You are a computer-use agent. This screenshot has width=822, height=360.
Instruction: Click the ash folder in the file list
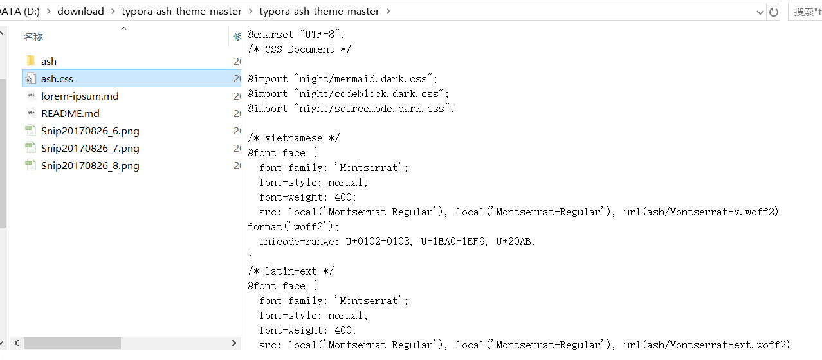pos(48,62)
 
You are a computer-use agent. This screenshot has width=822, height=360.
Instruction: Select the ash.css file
pos(57,79)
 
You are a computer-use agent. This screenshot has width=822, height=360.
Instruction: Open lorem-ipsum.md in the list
pos(79,96)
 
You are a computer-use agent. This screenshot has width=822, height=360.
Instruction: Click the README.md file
pos(69,114)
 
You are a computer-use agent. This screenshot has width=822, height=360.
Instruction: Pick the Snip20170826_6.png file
pos(89,131)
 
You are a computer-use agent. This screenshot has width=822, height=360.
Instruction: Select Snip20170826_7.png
pos(89,148)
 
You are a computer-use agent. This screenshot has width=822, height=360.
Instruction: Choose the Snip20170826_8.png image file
pos(89,166)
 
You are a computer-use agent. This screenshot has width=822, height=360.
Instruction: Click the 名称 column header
pos(33,37)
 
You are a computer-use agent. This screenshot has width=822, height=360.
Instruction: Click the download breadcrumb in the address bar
pos(80,12)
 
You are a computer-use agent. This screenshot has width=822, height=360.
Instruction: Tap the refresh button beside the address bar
pos(774,12)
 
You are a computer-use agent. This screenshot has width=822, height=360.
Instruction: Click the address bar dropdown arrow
pos(760,12)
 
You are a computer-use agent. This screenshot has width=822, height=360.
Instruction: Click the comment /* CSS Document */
pos(300,50)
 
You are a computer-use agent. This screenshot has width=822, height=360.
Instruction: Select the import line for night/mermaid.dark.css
pos(342,79)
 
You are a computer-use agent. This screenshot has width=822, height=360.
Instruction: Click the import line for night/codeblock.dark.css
pos(347,94)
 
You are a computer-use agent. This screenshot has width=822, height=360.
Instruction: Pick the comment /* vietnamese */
pos(293,138)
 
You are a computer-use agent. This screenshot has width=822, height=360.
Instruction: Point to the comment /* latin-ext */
pos(291,271)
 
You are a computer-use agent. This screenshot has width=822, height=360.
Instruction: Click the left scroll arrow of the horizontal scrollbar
pos(17,343)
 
